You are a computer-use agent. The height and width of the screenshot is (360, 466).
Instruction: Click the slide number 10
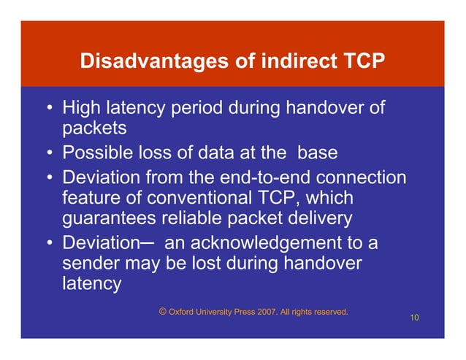(x=415, y=318)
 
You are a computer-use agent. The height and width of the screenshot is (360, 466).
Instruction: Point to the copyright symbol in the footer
(x=162, y=312)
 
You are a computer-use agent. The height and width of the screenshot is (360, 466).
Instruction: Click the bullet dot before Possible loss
(x=49, y=155)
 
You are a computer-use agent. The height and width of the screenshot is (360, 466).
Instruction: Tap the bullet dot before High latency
(x=49, y=110)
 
